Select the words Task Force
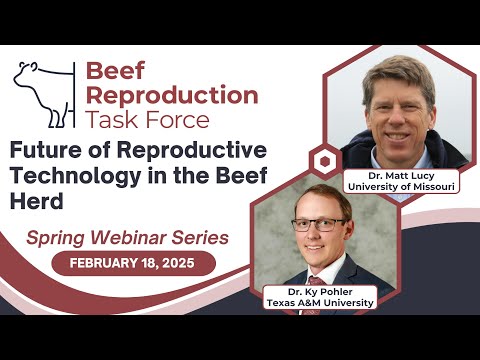148,120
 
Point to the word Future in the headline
47,150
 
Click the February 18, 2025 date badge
133,264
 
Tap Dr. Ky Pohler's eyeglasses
319,224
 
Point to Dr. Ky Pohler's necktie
317,276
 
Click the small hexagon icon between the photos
323,161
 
